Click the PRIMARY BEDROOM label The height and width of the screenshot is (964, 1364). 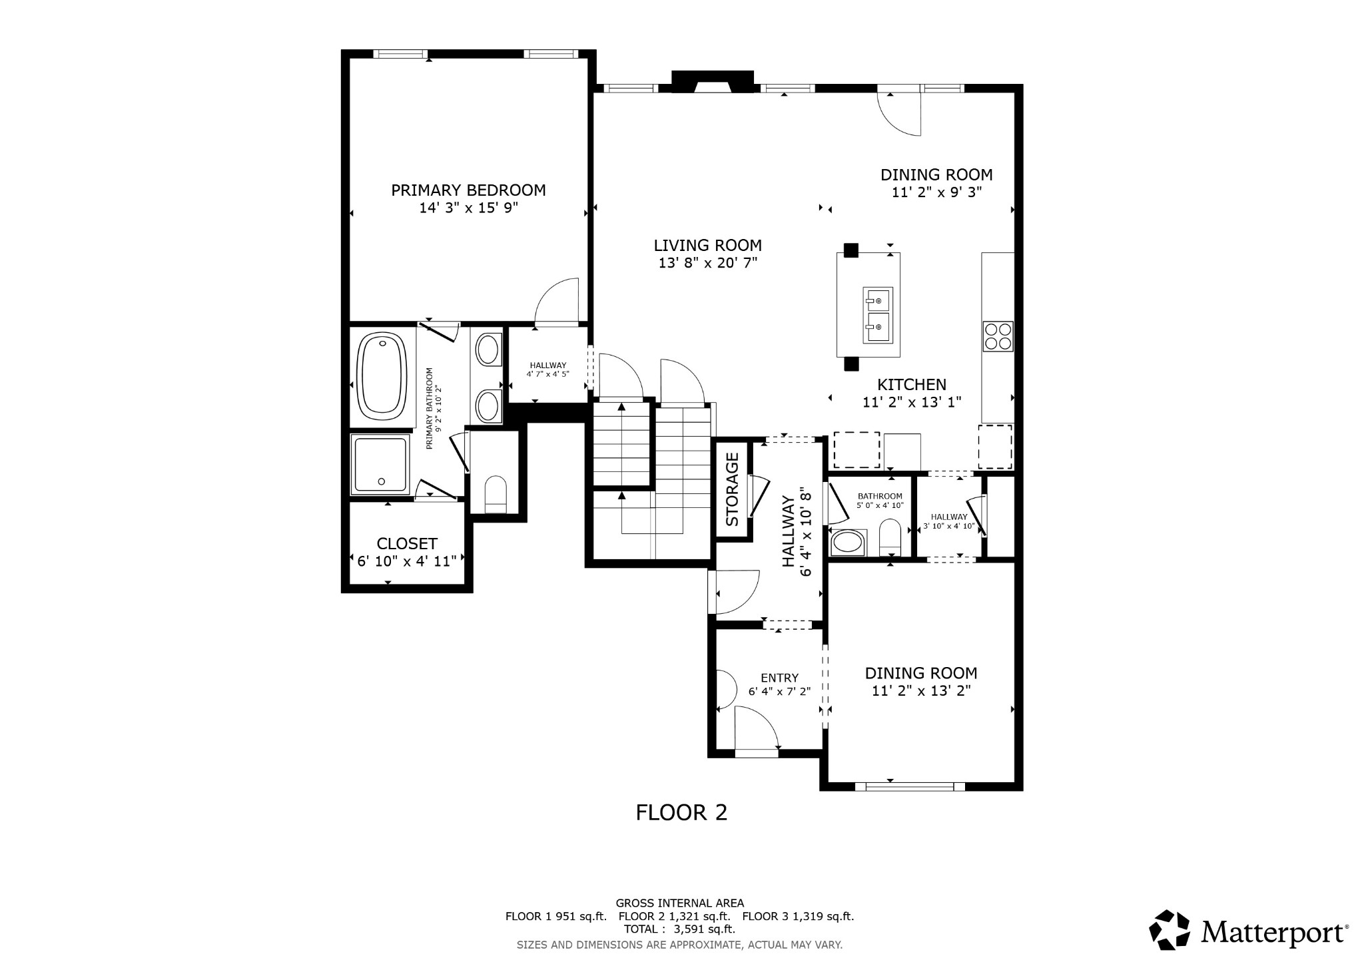click(468, 190)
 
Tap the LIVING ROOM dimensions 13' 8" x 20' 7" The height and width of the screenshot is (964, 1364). click(707, 263)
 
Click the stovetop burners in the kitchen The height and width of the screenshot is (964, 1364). click(998, 336)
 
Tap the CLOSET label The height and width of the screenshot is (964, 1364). click(407, 543)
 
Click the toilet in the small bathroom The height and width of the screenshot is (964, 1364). click(890, 537)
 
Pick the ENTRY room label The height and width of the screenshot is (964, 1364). click(779, 678)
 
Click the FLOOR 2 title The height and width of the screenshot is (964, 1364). click(681, 812)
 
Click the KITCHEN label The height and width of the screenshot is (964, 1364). click(911, 384)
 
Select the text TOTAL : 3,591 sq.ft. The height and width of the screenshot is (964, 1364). click(679, 929)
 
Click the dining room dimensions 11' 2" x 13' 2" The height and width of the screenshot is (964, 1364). click(921, 691)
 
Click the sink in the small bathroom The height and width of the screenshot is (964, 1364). click(847, 542)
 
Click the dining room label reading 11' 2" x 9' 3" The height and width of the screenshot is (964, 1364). click(936, 192)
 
